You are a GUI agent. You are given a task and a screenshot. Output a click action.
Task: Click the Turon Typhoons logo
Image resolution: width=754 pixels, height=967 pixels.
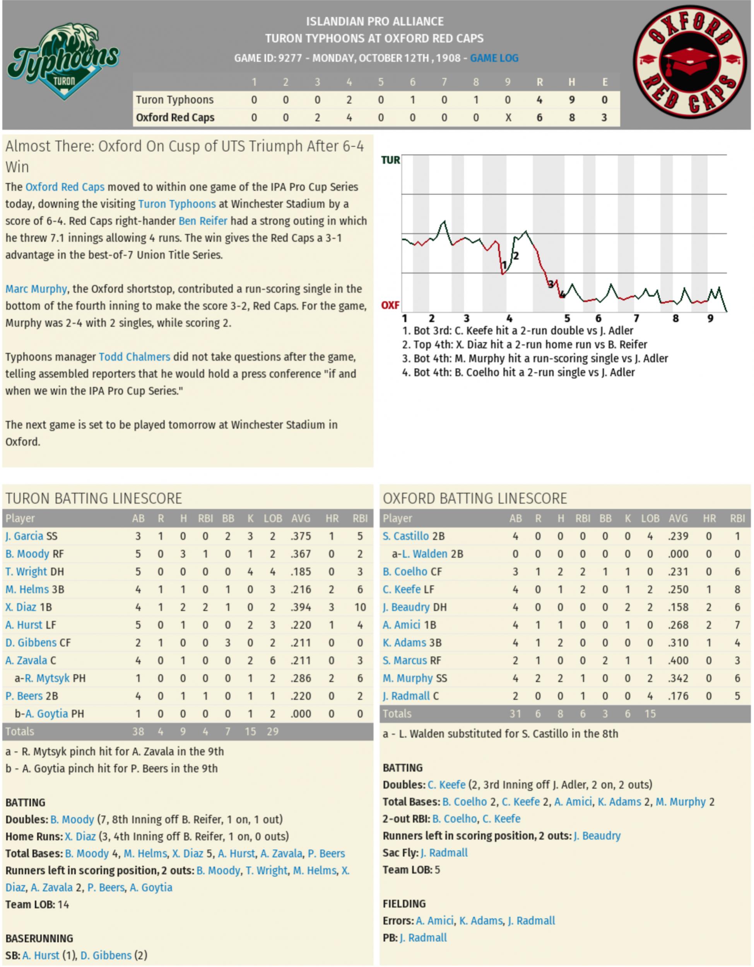pos(63,61)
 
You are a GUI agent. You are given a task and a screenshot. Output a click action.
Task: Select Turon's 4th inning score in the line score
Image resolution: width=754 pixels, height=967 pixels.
pos(349,100)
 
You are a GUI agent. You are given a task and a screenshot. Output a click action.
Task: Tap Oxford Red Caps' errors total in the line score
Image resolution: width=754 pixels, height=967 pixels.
pos(604,118)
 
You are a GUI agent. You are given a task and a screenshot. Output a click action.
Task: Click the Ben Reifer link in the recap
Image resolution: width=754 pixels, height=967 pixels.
pos(203,221)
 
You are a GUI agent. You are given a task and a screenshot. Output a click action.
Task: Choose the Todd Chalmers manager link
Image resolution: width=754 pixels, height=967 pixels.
pos(134,357)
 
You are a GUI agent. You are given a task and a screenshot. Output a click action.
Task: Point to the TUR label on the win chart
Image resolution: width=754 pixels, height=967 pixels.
pos(390,160)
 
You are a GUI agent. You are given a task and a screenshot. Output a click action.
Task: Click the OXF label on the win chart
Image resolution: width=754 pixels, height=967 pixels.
pos(390,305)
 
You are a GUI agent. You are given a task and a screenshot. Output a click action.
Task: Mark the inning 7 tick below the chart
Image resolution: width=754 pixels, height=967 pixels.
pos(636,318)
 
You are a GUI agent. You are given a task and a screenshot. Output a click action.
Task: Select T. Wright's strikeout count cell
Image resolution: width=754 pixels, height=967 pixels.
pos(250,572)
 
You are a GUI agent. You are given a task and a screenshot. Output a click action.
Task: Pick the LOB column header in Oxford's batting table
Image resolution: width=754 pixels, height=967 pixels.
pos(650,518)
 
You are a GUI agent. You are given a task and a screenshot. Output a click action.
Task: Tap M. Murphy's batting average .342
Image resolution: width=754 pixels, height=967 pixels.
pos(678,678)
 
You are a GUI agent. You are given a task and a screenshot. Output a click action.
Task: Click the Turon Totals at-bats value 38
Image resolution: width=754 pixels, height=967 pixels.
pos(138,731)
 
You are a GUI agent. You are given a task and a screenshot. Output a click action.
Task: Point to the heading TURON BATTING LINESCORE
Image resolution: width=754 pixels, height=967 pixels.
pos(94,498)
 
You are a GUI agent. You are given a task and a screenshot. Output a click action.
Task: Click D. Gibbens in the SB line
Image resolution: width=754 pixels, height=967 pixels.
pos(106,955)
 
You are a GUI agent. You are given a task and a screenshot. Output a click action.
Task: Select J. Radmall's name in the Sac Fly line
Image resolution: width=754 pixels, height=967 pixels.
pos(444,853)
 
